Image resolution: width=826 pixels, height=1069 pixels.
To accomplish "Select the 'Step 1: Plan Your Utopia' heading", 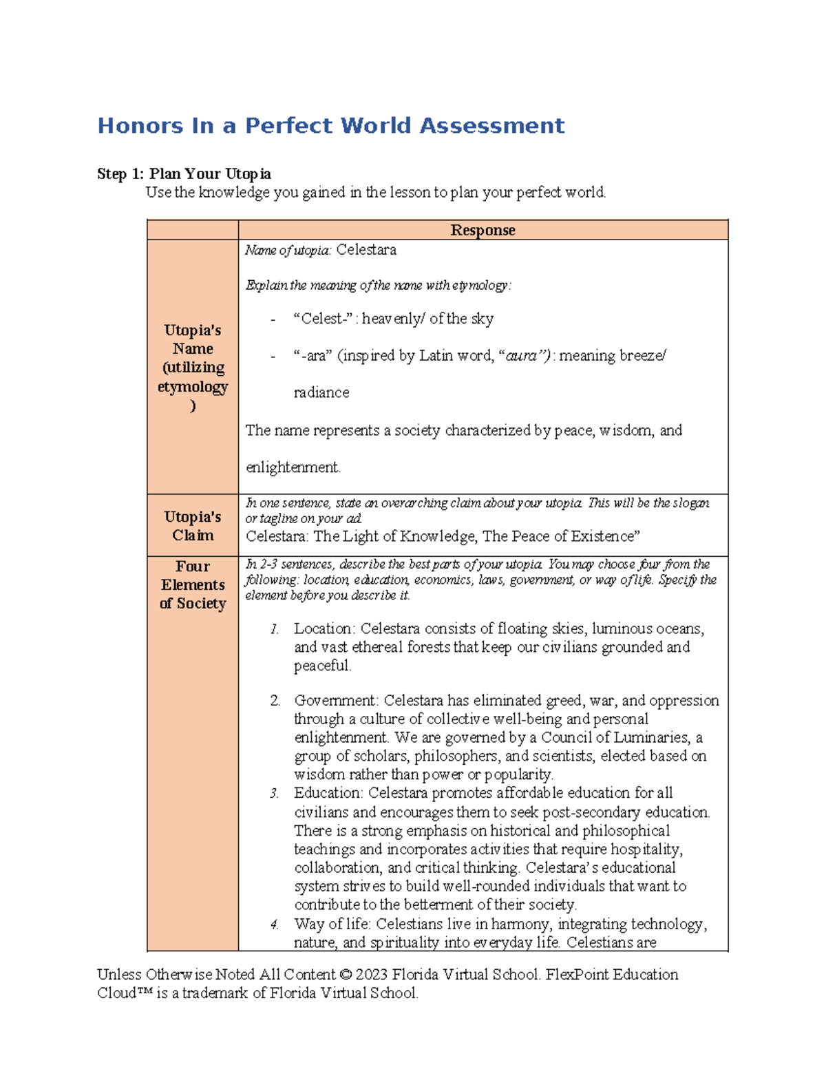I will pyautogui.click(x=184, y=173).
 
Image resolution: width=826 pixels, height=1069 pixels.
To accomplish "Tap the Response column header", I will pyautogui.click(x=483, y=230).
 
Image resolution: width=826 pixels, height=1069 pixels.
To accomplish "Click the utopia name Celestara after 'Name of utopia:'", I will pyautogui.click(x=366, y=250).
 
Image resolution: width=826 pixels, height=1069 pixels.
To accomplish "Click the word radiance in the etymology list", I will pyautogui.click(x=321, y=392).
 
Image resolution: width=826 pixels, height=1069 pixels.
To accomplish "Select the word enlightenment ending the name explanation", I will pyautogui.click(x=292, y=467).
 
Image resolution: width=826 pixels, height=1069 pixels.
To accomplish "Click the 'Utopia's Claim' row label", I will pyautogui.click(x=193, y=526).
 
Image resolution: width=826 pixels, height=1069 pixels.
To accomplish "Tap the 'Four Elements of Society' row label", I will pyautogui.click(x=193, y=584).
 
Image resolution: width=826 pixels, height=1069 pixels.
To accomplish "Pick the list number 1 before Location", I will pyautogui.click(x=274, y=629).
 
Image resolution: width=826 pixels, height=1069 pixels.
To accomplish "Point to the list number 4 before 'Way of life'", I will pyautogui.click(x=274, y=924).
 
